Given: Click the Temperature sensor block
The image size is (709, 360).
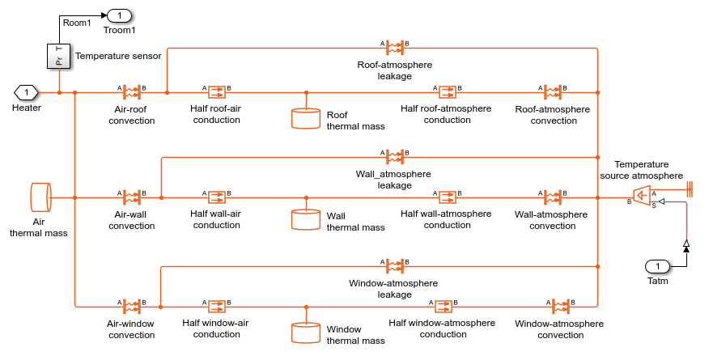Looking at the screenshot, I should (x=60, y=57).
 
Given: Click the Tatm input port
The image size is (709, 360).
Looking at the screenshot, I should (x=658, y=267).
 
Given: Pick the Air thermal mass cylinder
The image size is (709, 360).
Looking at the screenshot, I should (x=40, y=197).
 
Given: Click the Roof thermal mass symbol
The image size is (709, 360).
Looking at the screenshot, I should (x=306, y=118).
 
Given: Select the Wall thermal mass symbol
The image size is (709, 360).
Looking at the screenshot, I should (x=306, y=219).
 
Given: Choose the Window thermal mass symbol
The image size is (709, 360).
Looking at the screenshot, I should (x=306, y=332).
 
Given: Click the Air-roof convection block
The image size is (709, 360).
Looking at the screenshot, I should (x=130, y=92).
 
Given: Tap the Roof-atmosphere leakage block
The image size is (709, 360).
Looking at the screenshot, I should (x=395, y=48).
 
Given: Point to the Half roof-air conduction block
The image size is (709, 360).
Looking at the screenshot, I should (x=217, y=92).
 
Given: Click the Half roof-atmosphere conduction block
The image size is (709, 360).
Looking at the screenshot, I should (x=446, y=92).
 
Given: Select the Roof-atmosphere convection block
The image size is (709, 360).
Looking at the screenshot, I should (x=553, y=92).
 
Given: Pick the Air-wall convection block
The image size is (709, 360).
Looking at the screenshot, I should (x=130, y=197).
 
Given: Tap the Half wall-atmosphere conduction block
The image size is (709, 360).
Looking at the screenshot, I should (x=446, y=197).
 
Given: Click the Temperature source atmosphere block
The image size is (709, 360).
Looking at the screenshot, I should (x=641, y=195).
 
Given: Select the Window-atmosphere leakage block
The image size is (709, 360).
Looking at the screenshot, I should (x=395, y=266).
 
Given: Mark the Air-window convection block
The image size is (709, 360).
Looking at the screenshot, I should (x=130, y=307).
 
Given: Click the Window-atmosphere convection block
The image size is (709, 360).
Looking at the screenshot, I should (x=558, y=307).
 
